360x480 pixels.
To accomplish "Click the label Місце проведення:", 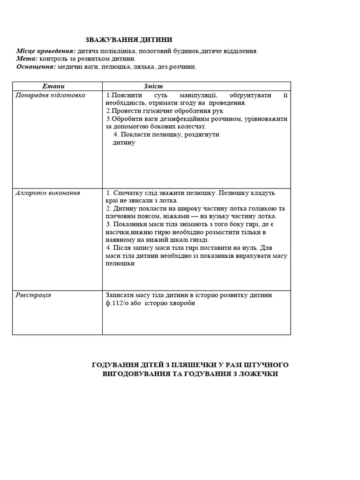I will tap(46, 51).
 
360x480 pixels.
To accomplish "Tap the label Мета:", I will tap(27, 59).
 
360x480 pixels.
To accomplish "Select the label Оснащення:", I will tap(36, 67).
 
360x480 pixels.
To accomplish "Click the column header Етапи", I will tap(53, 86).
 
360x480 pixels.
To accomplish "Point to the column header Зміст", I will tap(153, 86).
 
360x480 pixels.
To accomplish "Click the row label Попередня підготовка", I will tap(51, 95).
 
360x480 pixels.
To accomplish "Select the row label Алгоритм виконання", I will tap(48, 193).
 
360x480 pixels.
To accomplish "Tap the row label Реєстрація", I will tap(33, 295).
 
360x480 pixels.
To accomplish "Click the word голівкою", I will tap(265, 209).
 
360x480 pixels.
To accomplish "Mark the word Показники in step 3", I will tap(130, 224).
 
